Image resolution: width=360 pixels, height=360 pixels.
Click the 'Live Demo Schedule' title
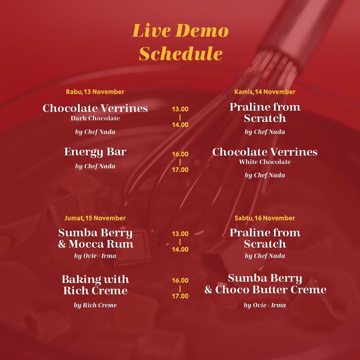[180, 42]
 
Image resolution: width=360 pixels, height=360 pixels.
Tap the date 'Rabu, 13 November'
[95, 92]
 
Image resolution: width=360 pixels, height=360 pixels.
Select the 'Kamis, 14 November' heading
[265, 92]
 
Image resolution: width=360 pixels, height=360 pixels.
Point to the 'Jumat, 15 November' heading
[95, 218]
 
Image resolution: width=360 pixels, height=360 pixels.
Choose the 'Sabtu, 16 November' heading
[265, 218]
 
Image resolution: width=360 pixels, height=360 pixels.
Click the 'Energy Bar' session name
[95, 152]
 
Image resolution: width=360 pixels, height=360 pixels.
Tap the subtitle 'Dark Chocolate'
[95, 118]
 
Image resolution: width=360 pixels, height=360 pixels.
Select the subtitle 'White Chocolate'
[265, 162]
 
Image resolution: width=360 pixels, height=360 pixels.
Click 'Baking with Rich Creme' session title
[95, 285]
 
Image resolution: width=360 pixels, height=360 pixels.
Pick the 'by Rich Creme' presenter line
[95, 305]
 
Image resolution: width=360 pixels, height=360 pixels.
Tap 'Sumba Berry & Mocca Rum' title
[96, 238]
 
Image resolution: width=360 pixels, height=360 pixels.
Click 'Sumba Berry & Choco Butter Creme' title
[265, 284]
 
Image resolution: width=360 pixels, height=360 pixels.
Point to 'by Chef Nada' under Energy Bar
[95, 166]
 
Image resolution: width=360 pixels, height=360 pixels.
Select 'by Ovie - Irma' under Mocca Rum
[95, 256]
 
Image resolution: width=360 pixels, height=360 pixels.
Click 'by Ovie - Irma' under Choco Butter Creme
[265, 305]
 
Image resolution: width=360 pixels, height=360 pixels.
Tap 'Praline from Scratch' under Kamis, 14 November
[265, 113]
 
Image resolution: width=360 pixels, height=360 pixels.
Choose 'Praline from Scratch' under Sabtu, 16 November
[265, 238]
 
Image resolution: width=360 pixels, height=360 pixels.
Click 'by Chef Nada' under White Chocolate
[265, 175]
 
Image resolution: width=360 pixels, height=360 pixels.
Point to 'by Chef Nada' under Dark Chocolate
[95, 132]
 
